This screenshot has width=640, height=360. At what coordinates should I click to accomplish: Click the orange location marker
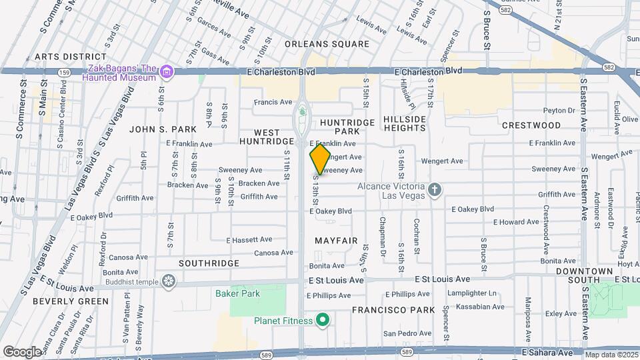320,159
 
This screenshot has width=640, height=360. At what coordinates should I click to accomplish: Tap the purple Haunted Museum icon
167,72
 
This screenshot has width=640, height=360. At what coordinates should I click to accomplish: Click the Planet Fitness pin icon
323,321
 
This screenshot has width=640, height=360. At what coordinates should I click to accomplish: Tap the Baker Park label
237,293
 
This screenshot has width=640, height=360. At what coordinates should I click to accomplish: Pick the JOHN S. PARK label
163,129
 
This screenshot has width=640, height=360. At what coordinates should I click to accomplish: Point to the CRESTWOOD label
531,125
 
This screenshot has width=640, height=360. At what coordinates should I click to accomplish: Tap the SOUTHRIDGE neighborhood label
209,263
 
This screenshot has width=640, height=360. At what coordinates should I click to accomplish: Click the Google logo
22,351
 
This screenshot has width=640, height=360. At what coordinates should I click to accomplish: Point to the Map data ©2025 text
611,355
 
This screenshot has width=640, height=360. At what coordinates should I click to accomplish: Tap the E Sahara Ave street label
547,351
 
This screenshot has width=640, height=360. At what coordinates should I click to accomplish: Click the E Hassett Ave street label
249,239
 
